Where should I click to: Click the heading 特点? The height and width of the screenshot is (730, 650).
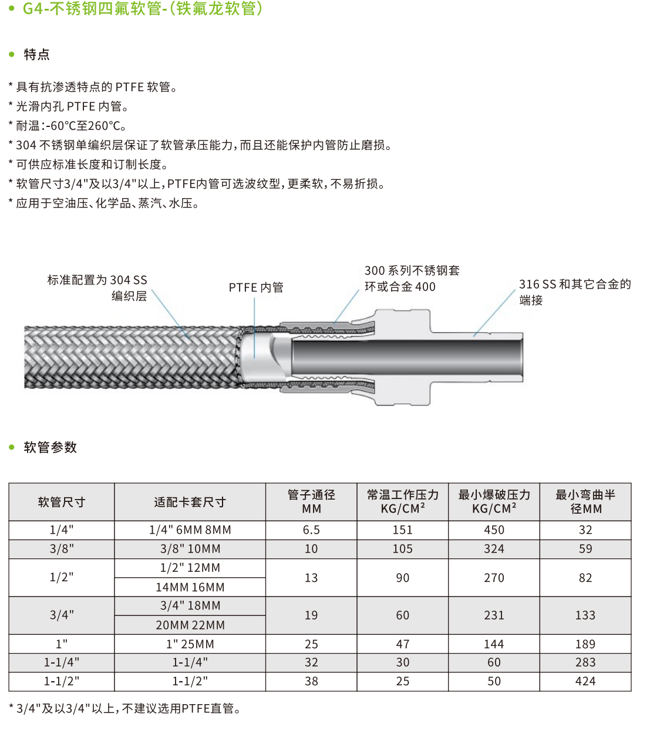point(36,55)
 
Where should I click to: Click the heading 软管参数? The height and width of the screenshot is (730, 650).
point(50,447)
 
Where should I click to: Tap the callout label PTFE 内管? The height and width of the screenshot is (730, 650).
point(256,287)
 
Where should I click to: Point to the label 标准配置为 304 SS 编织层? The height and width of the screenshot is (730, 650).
point(97,287)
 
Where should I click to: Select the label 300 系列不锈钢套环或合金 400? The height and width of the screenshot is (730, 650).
point(412,279)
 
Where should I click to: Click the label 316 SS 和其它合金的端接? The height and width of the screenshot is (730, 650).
point(574,292)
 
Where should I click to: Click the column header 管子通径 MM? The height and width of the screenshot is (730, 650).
point(311,502)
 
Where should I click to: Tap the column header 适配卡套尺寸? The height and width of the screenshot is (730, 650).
point(190,502)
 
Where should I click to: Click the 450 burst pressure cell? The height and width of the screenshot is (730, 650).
point(494,530)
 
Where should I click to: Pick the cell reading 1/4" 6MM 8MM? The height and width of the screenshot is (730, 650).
point(190,530)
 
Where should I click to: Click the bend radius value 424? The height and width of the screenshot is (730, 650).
point(585,681)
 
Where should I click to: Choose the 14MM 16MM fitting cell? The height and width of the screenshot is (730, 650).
point(190,587)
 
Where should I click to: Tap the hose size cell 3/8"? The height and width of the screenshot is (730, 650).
point(62,549)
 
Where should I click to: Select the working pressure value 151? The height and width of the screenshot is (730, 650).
point(403,530)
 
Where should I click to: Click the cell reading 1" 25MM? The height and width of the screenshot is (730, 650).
point(190,644)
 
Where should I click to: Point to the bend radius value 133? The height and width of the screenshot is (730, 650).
point(585,615)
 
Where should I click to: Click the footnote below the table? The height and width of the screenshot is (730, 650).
point(124,709)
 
